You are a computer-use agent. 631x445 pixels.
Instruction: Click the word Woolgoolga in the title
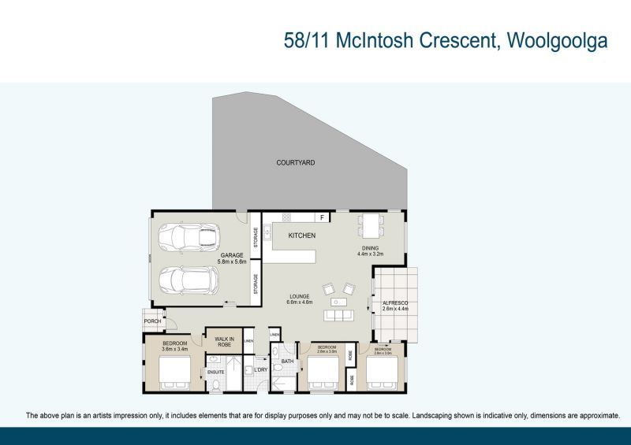[555, 41]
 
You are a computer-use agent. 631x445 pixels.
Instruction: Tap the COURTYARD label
[296, 163]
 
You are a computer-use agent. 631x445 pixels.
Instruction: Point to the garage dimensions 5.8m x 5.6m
[231, 262]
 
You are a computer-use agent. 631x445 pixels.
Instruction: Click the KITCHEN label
[301, 235]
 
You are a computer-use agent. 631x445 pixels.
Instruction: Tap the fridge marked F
[322, 217]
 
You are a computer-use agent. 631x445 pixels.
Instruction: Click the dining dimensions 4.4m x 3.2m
[369, 254]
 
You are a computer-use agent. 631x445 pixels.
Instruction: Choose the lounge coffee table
[340, 302]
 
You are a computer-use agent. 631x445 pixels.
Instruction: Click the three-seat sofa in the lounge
[340, 315]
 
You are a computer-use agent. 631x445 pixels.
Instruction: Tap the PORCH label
[152, 321]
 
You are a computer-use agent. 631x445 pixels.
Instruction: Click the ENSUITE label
[215, 371]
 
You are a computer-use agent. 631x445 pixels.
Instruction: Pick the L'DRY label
[260, 369]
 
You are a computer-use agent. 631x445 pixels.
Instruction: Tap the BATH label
[288, 362]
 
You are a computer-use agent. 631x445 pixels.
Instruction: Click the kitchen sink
[268, 232]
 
